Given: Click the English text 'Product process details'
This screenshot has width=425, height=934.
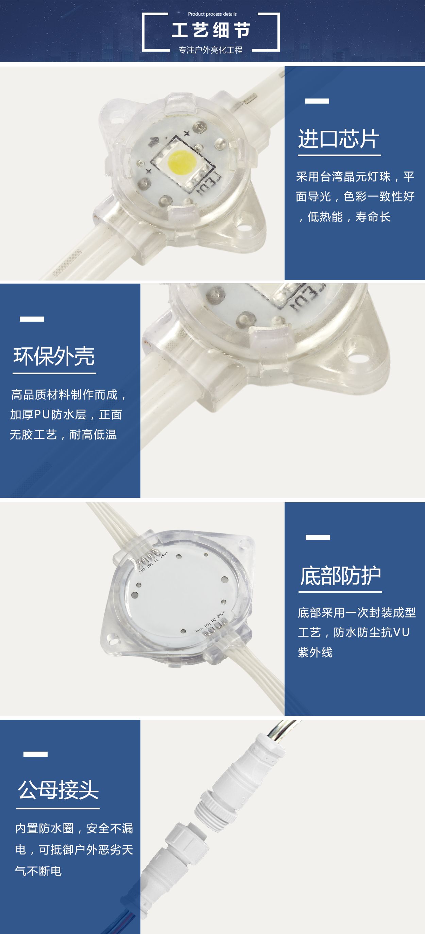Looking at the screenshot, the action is tap(212, 14).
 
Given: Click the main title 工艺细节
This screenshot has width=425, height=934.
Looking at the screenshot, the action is tap(211, 30).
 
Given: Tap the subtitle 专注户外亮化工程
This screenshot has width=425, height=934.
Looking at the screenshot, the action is tap(210, 50).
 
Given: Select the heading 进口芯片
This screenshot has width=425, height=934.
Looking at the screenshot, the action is tap(339, 139).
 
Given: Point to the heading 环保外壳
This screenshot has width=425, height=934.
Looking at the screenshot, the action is tap(54, 356).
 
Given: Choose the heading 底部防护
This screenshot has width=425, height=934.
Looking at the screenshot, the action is tap(340, 576).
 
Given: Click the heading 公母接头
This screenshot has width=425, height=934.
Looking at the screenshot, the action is tap(58, 790).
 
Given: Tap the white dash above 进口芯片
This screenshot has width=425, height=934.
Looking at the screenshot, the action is tap(317, 101).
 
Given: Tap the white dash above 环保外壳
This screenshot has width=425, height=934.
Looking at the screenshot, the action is tap(32, 319).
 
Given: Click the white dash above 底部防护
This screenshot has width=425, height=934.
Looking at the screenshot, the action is tap(318, 537).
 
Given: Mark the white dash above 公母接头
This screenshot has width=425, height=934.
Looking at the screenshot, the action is tap(35, 754).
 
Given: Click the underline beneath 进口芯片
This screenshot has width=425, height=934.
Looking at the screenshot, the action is tap(339, 155).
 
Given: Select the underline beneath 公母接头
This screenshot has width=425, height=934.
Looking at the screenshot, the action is tap(58, 808).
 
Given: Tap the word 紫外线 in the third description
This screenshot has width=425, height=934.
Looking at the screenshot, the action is tap(315, 653).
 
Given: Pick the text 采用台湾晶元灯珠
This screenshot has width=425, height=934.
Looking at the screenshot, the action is tap(343, 177).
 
